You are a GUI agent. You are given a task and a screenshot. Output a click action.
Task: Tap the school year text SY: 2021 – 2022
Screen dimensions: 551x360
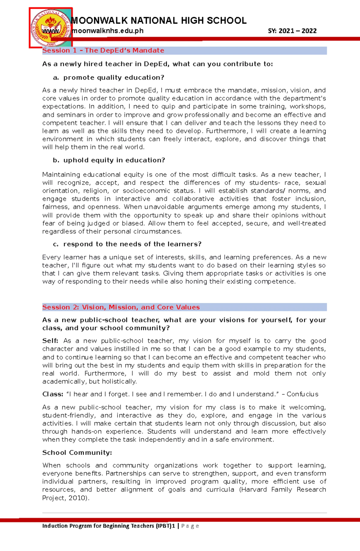click(292, 31)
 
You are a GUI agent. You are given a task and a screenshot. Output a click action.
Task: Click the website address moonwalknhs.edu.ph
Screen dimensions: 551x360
click(108, 31)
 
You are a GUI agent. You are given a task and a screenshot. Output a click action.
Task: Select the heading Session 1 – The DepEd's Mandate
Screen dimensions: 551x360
click(103, 50)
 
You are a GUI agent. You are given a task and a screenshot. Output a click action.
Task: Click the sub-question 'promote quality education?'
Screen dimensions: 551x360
click(114, 78)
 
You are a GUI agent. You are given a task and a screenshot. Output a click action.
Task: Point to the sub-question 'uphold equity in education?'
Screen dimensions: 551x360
click(114, 160)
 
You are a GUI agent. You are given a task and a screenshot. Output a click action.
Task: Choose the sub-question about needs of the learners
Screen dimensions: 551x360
click(132, 244)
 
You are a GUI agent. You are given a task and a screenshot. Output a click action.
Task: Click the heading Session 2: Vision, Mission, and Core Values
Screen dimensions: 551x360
click(121, 307)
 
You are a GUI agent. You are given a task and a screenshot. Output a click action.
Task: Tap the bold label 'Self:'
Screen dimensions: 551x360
click(50, 341)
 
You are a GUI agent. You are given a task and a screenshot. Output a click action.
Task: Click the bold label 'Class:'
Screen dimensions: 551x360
click(52, 394)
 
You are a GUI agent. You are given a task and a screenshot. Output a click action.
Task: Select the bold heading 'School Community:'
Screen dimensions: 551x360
click(77, 453)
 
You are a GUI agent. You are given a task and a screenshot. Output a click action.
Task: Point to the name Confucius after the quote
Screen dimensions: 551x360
click(302, 394)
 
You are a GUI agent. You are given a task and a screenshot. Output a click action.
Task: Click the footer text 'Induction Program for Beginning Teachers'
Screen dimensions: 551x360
click(98, 526)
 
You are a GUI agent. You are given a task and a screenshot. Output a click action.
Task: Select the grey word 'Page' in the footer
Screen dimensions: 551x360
click(190, 526)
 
